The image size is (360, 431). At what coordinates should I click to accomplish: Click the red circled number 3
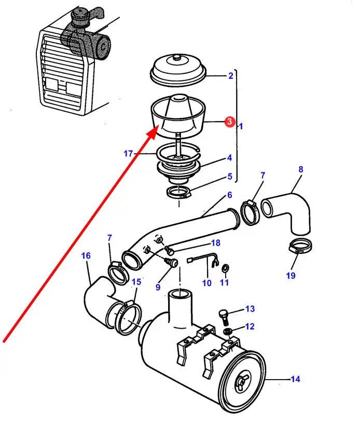pyautogui.click(x=228, y=122)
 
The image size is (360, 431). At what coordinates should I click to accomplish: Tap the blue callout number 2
pyautogui.click(x=230, y=76)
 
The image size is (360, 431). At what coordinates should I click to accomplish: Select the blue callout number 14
pyautogui.click(x=295, y=379)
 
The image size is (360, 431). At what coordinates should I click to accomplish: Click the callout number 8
pyautogui.click(x=300, y=169)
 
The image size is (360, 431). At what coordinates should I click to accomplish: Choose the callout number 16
pyautogui.click(x=86, y=255)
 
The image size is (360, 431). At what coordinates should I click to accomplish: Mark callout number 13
pyautogui.click(x=250, y=309)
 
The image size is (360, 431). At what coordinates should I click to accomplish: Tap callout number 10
pyautogui.click(x=207, y=283)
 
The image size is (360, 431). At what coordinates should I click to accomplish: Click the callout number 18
pyautogui.click(x=215, y=243)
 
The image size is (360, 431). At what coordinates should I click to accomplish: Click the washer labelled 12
pyautogui.click(x=227, y=332)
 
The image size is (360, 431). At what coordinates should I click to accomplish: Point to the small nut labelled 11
pyautogui.click(x=225, y=268)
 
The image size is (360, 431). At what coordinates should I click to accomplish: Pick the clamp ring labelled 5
pyautogui.click(x=180, y=193)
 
